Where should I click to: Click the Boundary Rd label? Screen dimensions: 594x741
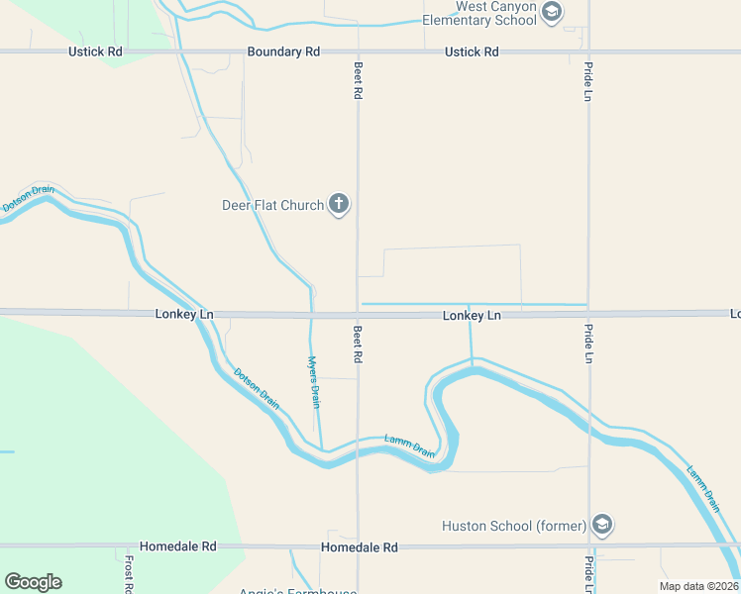click(x=284, y=51)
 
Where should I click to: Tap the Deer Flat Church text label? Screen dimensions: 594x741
click(x=272, y=205)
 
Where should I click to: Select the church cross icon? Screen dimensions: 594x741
click(x=339, y=205)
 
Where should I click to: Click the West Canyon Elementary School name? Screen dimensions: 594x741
click(x=480, y=13)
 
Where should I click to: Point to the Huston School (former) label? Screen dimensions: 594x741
click(x=514, y=526)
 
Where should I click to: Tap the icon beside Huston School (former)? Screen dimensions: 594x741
click(x=600, y=525)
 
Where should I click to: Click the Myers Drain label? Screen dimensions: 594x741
click(x=314, y=382)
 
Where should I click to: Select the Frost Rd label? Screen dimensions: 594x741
click(x=129, y=573)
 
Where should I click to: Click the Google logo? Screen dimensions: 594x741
click(x=33, y=582)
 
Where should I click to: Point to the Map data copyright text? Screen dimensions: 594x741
click(x=699, y=586)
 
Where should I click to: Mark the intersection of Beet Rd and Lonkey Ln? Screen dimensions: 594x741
click(x=358, y=315)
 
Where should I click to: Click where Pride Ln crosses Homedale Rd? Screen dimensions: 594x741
click(x=589, y=545)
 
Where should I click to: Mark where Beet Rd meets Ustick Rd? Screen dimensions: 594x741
click(x=358, y=51)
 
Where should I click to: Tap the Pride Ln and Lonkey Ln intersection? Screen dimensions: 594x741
click(x=588, y=314)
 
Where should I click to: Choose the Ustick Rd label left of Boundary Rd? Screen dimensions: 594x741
click(x=96, y=51)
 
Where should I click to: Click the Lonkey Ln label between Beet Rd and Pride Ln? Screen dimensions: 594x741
click(x=472, y=315)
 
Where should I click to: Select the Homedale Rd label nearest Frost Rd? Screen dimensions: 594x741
click(x=178, y=546)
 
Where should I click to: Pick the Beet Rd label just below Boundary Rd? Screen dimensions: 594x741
click(x=358, y=79)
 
